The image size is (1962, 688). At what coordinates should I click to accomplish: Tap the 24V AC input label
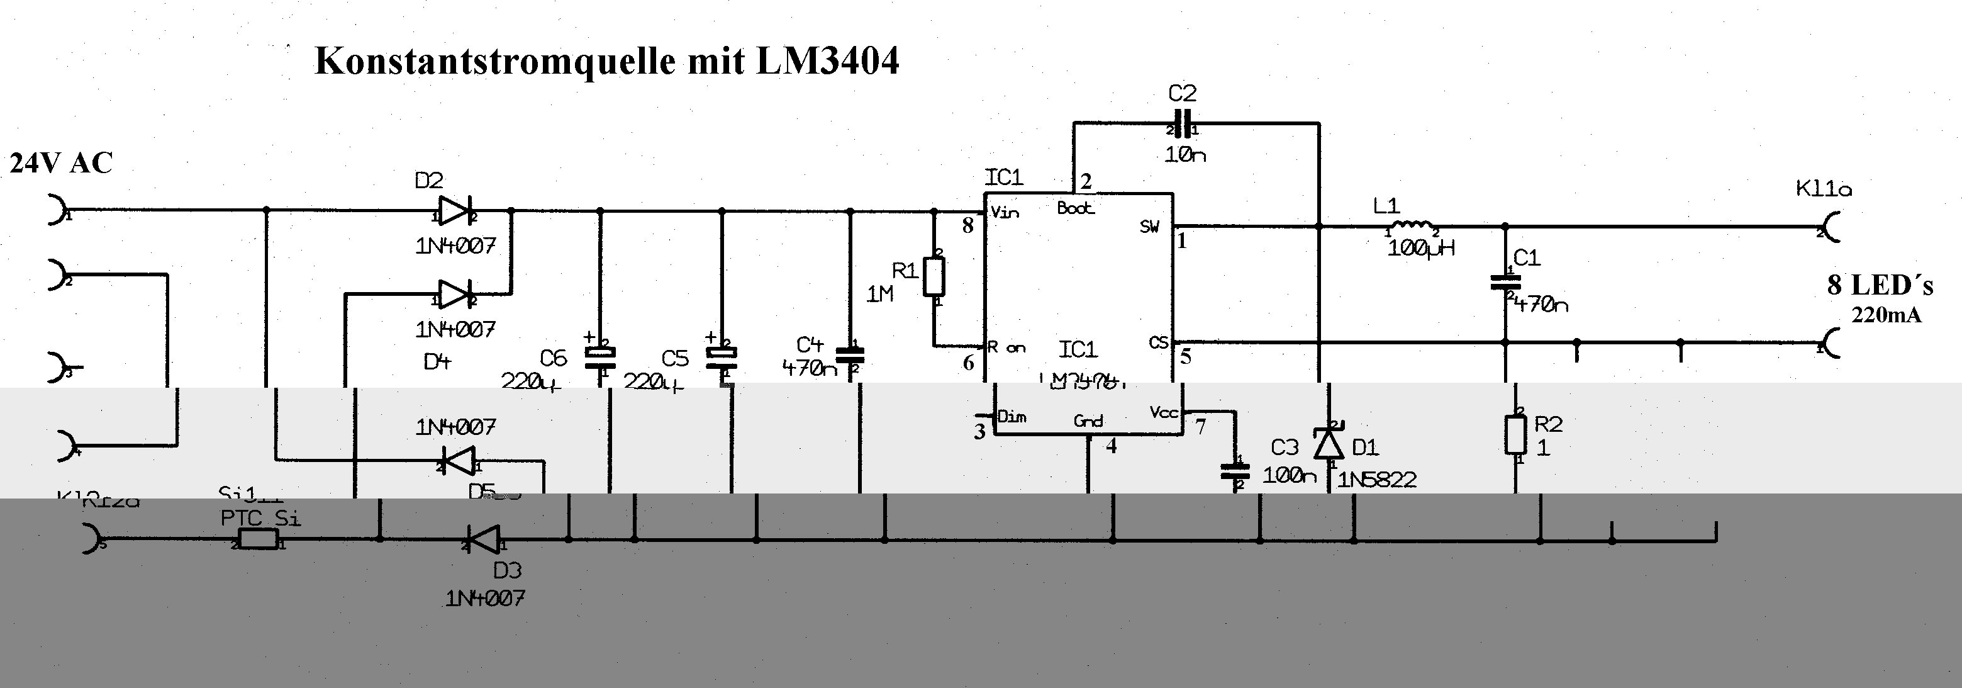click(61, 163)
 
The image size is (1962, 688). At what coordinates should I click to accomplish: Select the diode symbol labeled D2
click(455, 211)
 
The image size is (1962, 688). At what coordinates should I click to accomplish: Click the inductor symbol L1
click(1412, 225)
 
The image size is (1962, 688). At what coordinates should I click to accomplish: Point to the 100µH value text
click(1420, 249)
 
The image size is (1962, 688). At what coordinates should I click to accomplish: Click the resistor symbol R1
click(935, 276)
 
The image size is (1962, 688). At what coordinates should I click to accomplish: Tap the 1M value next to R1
click(879, 294)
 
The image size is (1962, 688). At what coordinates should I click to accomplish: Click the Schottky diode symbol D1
click(1329, 443)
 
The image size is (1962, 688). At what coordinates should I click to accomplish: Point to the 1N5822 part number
click(1377, 480)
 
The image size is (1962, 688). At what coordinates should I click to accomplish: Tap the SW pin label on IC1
click(1149, 226)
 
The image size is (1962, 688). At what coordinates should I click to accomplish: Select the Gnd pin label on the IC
click(1088, 420)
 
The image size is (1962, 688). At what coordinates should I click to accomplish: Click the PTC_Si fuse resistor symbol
click(258, 540)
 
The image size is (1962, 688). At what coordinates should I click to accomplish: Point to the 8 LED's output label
click(1880, 286)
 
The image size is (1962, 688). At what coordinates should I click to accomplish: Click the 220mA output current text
click(1886, 315)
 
